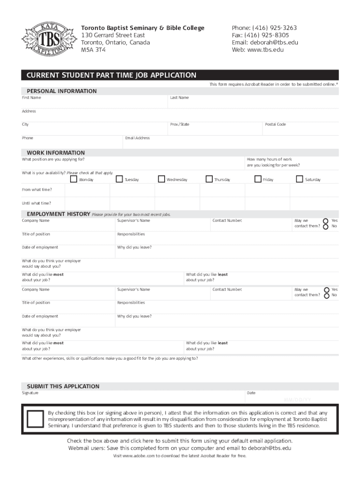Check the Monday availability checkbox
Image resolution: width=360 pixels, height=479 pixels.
tap(73, 179)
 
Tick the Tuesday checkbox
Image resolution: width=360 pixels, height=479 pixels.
tap(119, 179)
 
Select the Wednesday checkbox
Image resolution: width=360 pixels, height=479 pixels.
tap(161, 179)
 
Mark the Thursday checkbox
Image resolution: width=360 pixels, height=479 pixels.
tap(209, 179)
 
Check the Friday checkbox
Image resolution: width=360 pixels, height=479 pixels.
tap(258, 179)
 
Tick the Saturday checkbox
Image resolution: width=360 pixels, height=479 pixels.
tap(300, 179)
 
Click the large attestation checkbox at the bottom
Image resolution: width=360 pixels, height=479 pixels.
tap(35, 419)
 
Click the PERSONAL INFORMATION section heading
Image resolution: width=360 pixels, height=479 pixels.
tap(62, 91)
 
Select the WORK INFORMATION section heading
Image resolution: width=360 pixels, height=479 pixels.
tap(56, 153)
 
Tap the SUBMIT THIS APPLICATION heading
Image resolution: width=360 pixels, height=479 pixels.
tap(63, 386)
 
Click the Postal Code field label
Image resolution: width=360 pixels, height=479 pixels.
tap(275, 124)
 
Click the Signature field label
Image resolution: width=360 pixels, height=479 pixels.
tap(30, 393)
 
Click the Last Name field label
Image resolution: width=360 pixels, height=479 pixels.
tap(180, 98)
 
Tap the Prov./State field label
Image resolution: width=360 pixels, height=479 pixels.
tap(180, 124)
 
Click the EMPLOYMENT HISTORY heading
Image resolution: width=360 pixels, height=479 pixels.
tap(56, 214)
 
